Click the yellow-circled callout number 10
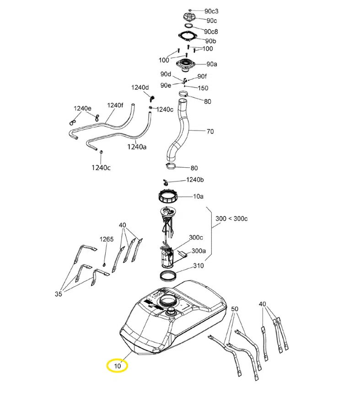point(118,366)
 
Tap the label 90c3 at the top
point(211,11)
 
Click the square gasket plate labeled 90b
point(188,37)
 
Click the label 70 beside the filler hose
point(210,131)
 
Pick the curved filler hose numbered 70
point(179,130)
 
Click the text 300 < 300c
point(231,218)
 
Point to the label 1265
point(107,239)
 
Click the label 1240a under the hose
point(137,147)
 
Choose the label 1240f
point(115,105)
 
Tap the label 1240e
point(82,108)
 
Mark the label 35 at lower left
point(58,294)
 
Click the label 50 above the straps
point(235,309)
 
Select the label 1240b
point(195,180)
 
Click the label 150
point(203,88)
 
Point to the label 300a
point(199,250)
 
